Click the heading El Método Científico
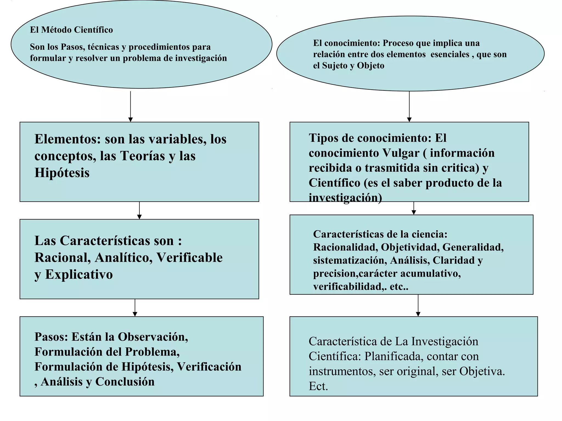point(71,30)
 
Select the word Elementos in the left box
point(67,139)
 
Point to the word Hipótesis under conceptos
point(62,173)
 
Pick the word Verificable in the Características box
point(189,257)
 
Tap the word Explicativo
point(79,274)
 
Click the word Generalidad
point(473,247)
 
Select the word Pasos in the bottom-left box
point(51,337)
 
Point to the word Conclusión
point(125,382)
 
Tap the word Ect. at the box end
point(318,386)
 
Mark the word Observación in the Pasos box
point(153,337)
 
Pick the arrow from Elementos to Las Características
point(139,210)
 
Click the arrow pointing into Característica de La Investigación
point(418,305)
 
